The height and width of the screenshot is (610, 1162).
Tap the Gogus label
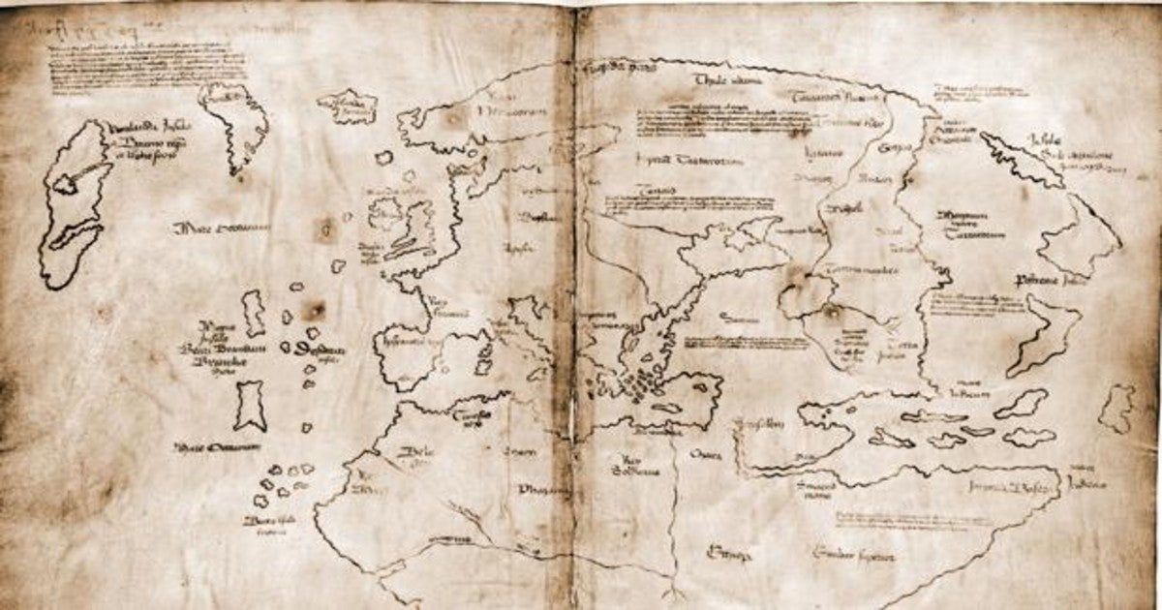click(890, 148)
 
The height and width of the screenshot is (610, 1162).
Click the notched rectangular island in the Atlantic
click(251, 406)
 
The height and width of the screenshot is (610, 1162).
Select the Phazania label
click(542, 488)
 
